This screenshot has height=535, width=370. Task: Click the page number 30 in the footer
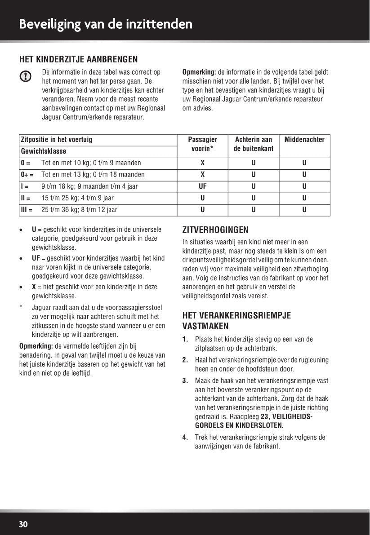pos(23,524)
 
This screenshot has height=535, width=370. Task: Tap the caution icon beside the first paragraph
pos(26,76)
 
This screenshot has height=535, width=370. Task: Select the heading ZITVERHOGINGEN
pos(215,230)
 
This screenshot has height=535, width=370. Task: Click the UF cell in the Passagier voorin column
pos(203,186)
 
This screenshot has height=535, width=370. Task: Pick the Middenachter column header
pos(304,140)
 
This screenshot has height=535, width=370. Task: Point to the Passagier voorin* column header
pos(203,144)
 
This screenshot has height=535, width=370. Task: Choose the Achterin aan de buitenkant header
pos(254,144)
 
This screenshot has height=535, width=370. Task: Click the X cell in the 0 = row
pos(203,163)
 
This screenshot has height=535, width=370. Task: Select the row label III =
pos(27,209)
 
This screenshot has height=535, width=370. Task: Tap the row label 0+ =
pos(27,174)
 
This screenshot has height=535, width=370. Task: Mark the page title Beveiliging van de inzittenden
pos(106,24)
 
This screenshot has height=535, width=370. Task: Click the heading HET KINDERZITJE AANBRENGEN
pos(78,59)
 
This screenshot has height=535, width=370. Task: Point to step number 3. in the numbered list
pos(185,380)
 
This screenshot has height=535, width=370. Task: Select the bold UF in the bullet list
pos(36,258)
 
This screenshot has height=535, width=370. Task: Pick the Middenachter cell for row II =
pos(304,198)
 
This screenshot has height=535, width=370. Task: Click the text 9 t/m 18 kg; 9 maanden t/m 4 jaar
pos(89,186)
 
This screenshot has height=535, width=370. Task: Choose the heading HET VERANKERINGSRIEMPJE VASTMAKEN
pos(236,321)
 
